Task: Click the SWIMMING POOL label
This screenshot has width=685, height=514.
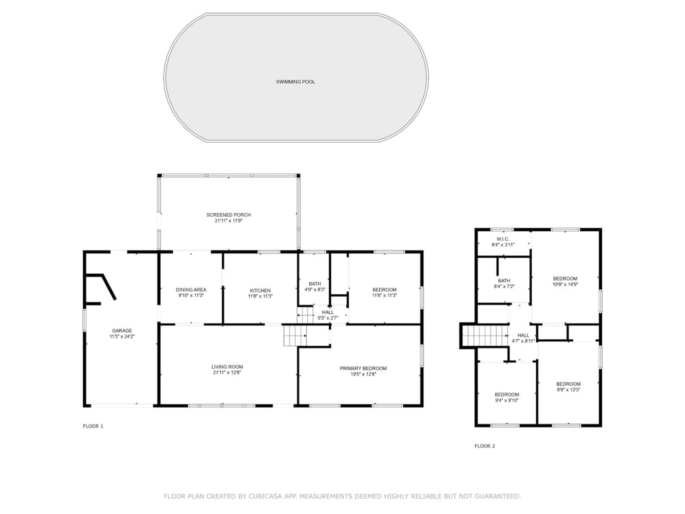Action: tap(295, 82)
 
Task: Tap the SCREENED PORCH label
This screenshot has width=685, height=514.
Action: tap(228, 215)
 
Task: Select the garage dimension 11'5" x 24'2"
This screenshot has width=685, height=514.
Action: tap(122, 336)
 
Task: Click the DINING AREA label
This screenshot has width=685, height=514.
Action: tap(191, 290)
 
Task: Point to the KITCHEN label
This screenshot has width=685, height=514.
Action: tap(260, 290)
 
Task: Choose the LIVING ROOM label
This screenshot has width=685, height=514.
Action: tap(227, 366)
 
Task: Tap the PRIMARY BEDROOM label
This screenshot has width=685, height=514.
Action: tap(363, 368)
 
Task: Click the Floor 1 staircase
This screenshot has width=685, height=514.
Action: tap(295, 336)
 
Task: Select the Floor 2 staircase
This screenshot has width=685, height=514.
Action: tap(485, 336)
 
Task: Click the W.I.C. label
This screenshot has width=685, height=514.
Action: tap(503, 239)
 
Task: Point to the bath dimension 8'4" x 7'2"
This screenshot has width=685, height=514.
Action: tap(504, 286)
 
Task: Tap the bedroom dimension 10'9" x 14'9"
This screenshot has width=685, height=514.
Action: tap(565, 284)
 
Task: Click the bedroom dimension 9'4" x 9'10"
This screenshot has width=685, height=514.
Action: tap(507, 400)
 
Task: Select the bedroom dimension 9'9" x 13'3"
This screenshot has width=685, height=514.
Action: tap(568, 389)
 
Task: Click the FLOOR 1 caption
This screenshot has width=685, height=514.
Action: tap(93, 426)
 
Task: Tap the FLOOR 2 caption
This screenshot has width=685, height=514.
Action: tap(485, 446)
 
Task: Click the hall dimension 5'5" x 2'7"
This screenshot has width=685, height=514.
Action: tap(328, 318)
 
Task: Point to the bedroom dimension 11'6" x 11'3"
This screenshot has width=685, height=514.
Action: tap(384, 295)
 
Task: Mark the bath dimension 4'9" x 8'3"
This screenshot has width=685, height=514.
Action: tap(315, 289)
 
